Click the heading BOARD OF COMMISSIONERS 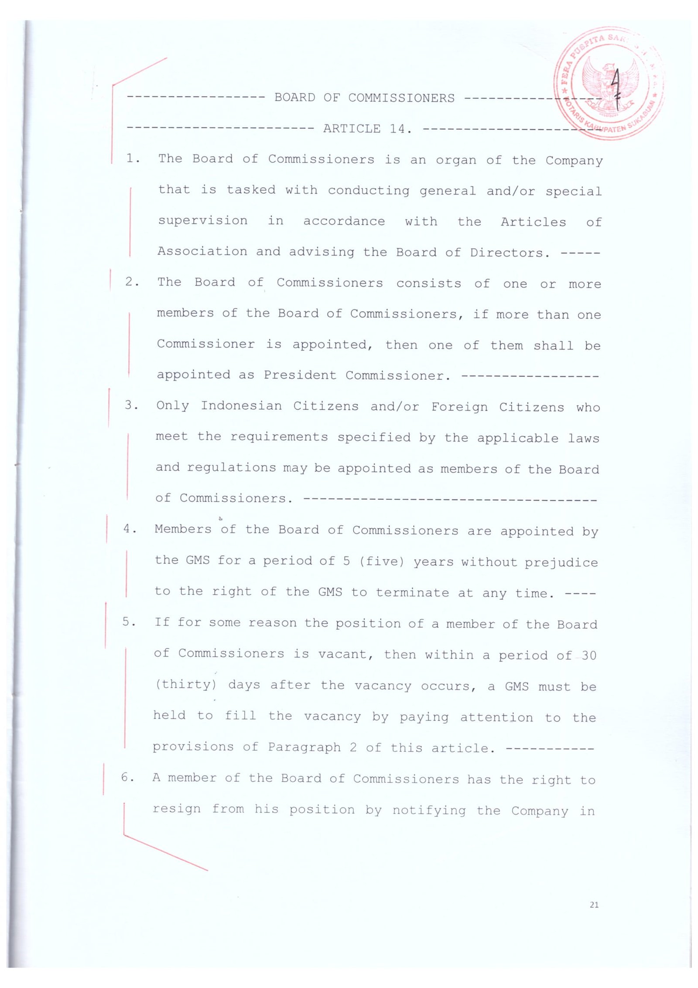[364, 98]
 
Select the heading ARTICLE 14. [367, 129]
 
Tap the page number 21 [594, 905]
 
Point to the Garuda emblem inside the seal [609, 85]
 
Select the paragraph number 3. [131, 405]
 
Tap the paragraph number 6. [127, 777]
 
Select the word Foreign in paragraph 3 [460, 407]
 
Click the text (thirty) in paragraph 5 [186, 684]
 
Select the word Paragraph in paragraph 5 [304, 747]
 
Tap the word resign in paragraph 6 [177, 809]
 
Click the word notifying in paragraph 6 [429, 810]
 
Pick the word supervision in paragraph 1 [203, 221]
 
